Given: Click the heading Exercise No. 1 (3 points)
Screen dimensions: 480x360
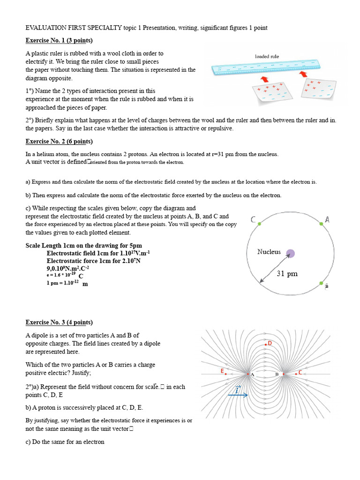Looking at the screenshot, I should point(59,40).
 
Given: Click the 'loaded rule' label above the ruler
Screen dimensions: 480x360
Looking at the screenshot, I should point(267,56).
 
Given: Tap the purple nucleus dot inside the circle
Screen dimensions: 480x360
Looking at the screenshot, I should point(291,254).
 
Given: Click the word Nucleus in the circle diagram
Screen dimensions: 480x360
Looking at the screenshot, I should point(269,252).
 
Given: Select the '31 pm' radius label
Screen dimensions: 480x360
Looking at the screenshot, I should point(287,274).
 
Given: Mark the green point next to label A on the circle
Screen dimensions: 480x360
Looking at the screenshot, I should point(322,224).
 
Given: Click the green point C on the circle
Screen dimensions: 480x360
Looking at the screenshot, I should point(259,224).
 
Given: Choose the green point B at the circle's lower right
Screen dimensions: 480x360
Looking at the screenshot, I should point(322,283).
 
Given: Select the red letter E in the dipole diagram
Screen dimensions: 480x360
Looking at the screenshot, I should point(222,371).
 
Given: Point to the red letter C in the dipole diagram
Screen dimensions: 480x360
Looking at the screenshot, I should point(300,372).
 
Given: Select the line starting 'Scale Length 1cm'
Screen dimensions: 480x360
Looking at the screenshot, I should point(83,246).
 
